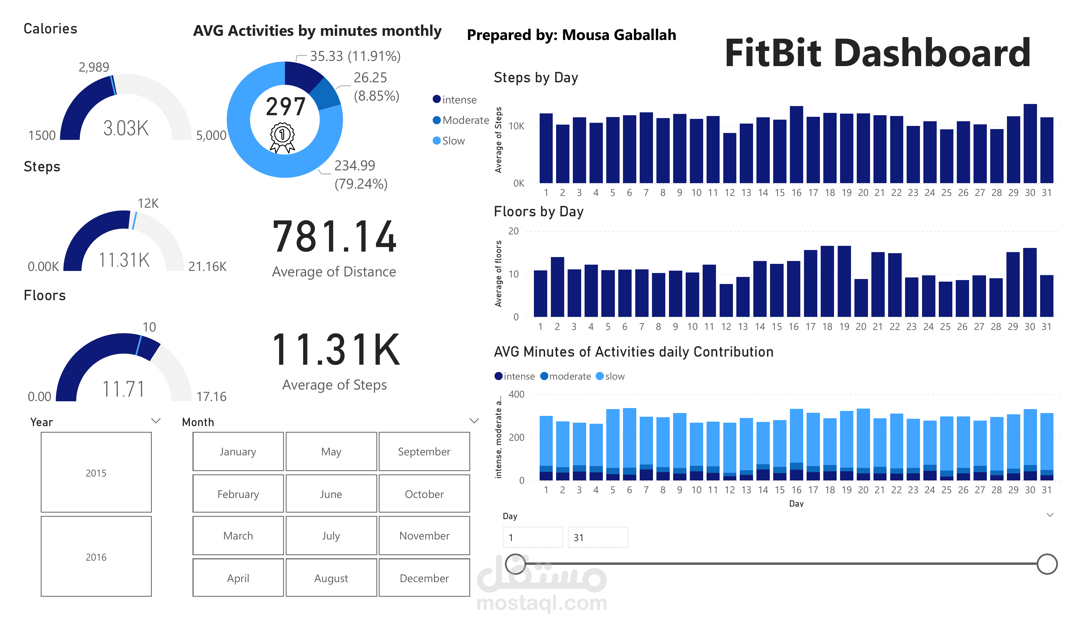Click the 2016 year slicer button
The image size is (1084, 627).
click(96, 557)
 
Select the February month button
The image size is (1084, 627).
click(238, 494)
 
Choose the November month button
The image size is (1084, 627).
click(424, 536)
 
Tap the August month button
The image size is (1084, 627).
click(331, 578)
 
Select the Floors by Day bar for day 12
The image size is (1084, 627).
click(726, 300)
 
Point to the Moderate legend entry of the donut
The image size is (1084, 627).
click(461, 120)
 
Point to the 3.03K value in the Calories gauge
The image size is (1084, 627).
click(126, 128)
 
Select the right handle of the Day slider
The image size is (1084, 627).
click(1047, 564)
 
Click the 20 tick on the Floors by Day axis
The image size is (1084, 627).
click(513, 231)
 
